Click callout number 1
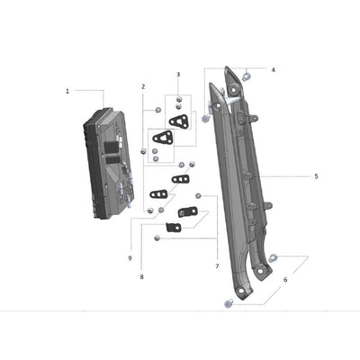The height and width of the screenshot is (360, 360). point(67,91)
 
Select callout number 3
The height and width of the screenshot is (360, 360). point(178,75)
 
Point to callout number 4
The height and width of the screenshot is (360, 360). point(274,69)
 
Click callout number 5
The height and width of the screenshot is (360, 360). point(316,176)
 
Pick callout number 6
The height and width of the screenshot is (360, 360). point(285,280)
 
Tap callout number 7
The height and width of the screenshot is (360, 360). point(217,266)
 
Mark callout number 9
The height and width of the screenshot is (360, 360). point(130,258)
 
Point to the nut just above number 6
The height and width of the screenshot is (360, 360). point(274,258)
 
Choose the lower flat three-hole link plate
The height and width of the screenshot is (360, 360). point(158,193)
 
